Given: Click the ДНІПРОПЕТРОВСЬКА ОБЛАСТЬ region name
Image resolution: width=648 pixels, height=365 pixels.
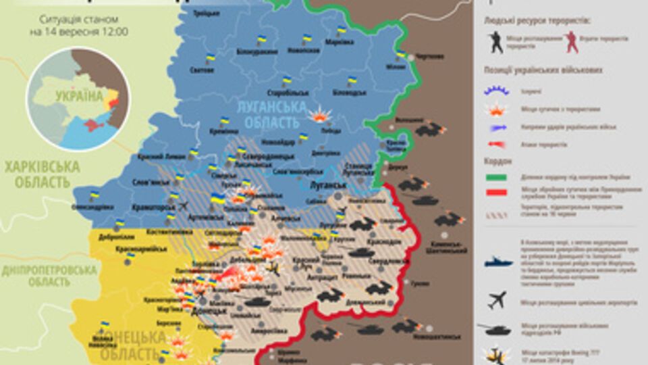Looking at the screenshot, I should point(49,275).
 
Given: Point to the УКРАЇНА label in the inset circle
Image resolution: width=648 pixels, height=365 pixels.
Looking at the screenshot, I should point(80,95).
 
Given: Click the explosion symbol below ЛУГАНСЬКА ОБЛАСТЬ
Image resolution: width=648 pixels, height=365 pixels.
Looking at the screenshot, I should point(319,115).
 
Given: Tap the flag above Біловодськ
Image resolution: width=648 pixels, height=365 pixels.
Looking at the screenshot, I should point(352,82).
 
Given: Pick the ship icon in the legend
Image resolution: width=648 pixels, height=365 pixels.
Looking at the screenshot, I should point(497,260).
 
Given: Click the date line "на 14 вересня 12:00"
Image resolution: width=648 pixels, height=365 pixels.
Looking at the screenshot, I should point(80,32).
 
